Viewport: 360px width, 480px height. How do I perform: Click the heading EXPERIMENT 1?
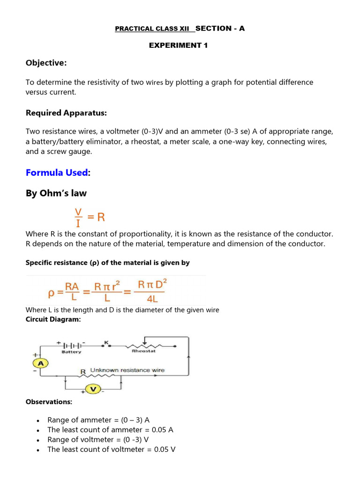(x=178, y=45)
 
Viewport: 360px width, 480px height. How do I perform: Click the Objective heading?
(x=46, y=63)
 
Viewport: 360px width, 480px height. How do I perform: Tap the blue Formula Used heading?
(x=57, y=172)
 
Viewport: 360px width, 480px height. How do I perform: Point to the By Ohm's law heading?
(x=56, y=193)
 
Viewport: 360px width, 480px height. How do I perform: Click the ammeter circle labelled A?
(x=41, y=363)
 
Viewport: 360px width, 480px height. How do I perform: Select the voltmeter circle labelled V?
(x=93, y=389)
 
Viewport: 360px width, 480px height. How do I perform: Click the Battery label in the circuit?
(x=71, y=352)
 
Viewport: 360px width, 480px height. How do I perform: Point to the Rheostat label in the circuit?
(x=143, y=350)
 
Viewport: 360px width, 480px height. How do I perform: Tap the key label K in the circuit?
(x=105, y=343)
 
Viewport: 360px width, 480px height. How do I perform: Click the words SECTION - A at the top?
(x=220, y=29)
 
